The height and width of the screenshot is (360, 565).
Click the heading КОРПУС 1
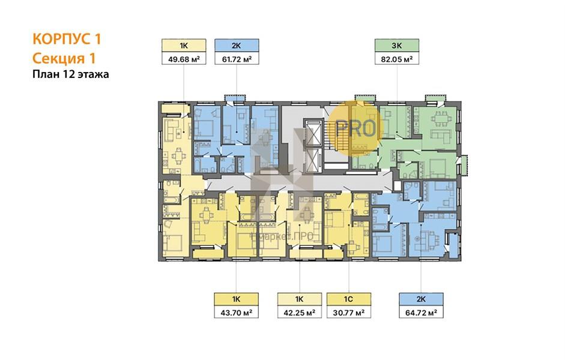click(x=67, y=38)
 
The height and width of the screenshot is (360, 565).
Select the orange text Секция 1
click(x=64, y=58)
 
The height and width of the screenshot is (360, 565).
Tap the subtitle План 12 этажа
click(x=71, y=74)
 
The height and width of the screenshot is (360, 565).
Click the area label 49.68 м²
click(x=184, y=59)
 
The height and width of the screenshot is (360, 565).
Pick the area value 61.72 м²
click(x=237, y=59)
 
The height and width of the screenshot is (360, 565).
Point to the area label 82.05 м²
click(x=397, y=59)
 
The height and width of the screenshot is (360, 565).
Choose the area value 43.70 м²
click(x=237, y=312)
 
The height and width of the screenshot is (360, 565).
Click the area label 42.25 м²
click(x=299, y=312)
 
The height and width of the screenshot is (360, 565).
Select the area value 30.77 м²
click(x=348, y=312)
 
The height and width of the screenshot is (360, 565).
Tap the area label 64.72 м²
click(x=421, y=312)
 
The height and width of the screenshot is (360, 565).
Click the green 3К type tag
click(x=397, y=46)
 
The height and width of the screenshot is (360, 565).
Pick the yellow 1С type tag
click(x=348, y=299)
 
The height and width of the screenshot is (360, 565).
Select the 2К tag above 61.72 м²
click(x=237, y=46)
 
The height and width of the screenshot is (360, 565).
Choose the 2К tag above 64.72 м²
click(x=421, y=299)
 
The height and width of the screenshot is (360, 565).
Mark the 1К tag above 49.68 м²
click(x=184, y=46)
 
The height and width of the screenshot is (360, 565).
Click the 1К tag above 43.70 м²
click(x=237, y=299)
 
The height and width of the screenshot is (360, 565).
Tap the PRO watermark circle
click(x=355, y=127)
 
